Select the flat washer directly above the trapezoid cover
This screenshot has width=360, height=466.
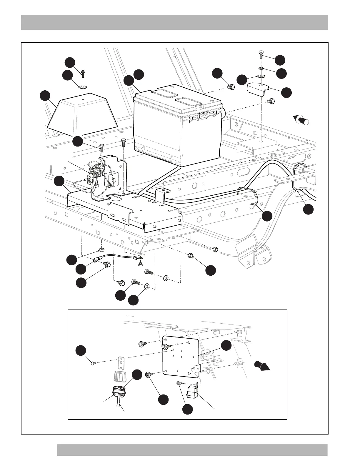pos(83,87)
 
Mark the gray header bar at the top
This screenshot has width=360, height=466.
pos(174,22)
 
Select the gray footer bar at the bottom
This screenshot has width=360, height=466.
pos(192,450)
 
